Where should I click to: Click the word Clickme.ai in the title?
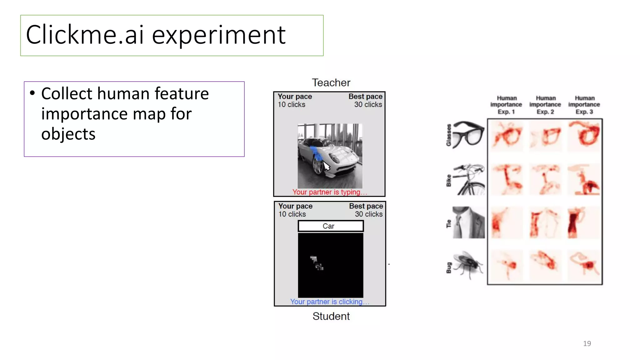point(85,35)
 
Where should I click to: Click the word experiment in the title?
point(218,35)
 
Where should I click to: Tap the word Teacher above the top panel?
point(331,83)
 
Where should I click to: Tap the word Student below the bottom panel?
point(331,316)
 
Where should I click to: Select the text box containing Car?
point(331,226)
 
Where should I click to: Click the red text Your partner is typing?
point(329,192)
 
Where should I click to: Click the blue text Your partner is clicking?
point(329,302)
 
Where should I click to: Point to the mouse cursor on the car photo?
point(326,166)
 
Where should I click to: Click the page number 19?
point(587,343)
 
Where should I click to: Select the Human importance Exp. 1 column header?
point(506,105)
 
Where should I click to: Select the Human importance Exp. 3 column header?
point(584,105)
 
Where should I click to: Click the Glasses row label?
point(449,135)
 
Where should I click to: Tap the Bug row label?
point(449,268)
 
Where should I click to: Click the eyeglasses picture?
point(468,134)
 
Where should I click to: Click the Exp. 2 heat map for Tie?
point(545,222)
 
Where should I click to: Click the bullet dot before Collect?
point(32,93)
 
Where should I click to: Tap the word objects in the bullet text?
point(68,134)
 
